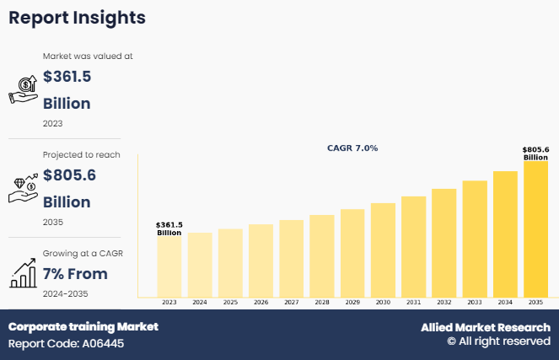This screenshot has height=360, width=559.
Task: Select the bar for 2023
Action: (169, 266)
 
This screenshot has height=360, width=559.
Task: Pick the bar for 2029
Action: (352, 253)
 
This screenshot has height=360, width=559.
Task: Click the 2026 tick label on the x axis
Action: (261, 302)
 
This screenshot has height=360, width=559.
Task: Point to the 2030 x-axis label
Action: (383, 302)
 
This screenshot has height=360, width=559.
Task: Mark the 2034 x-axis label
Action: (505, 302)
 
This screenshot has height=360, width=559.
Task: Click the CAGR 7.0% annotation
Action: (352, 148)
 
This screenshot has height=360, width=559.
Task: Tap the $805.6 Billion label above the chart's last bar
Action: (535, 153)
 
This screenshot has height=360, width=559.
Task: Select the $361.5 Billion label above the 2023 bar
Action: (169, 228)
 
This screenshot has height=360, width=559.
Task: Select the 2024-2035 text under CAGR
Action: (66, 293)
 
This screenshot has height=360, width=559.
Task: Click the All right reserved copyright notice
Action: (498, 342)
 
